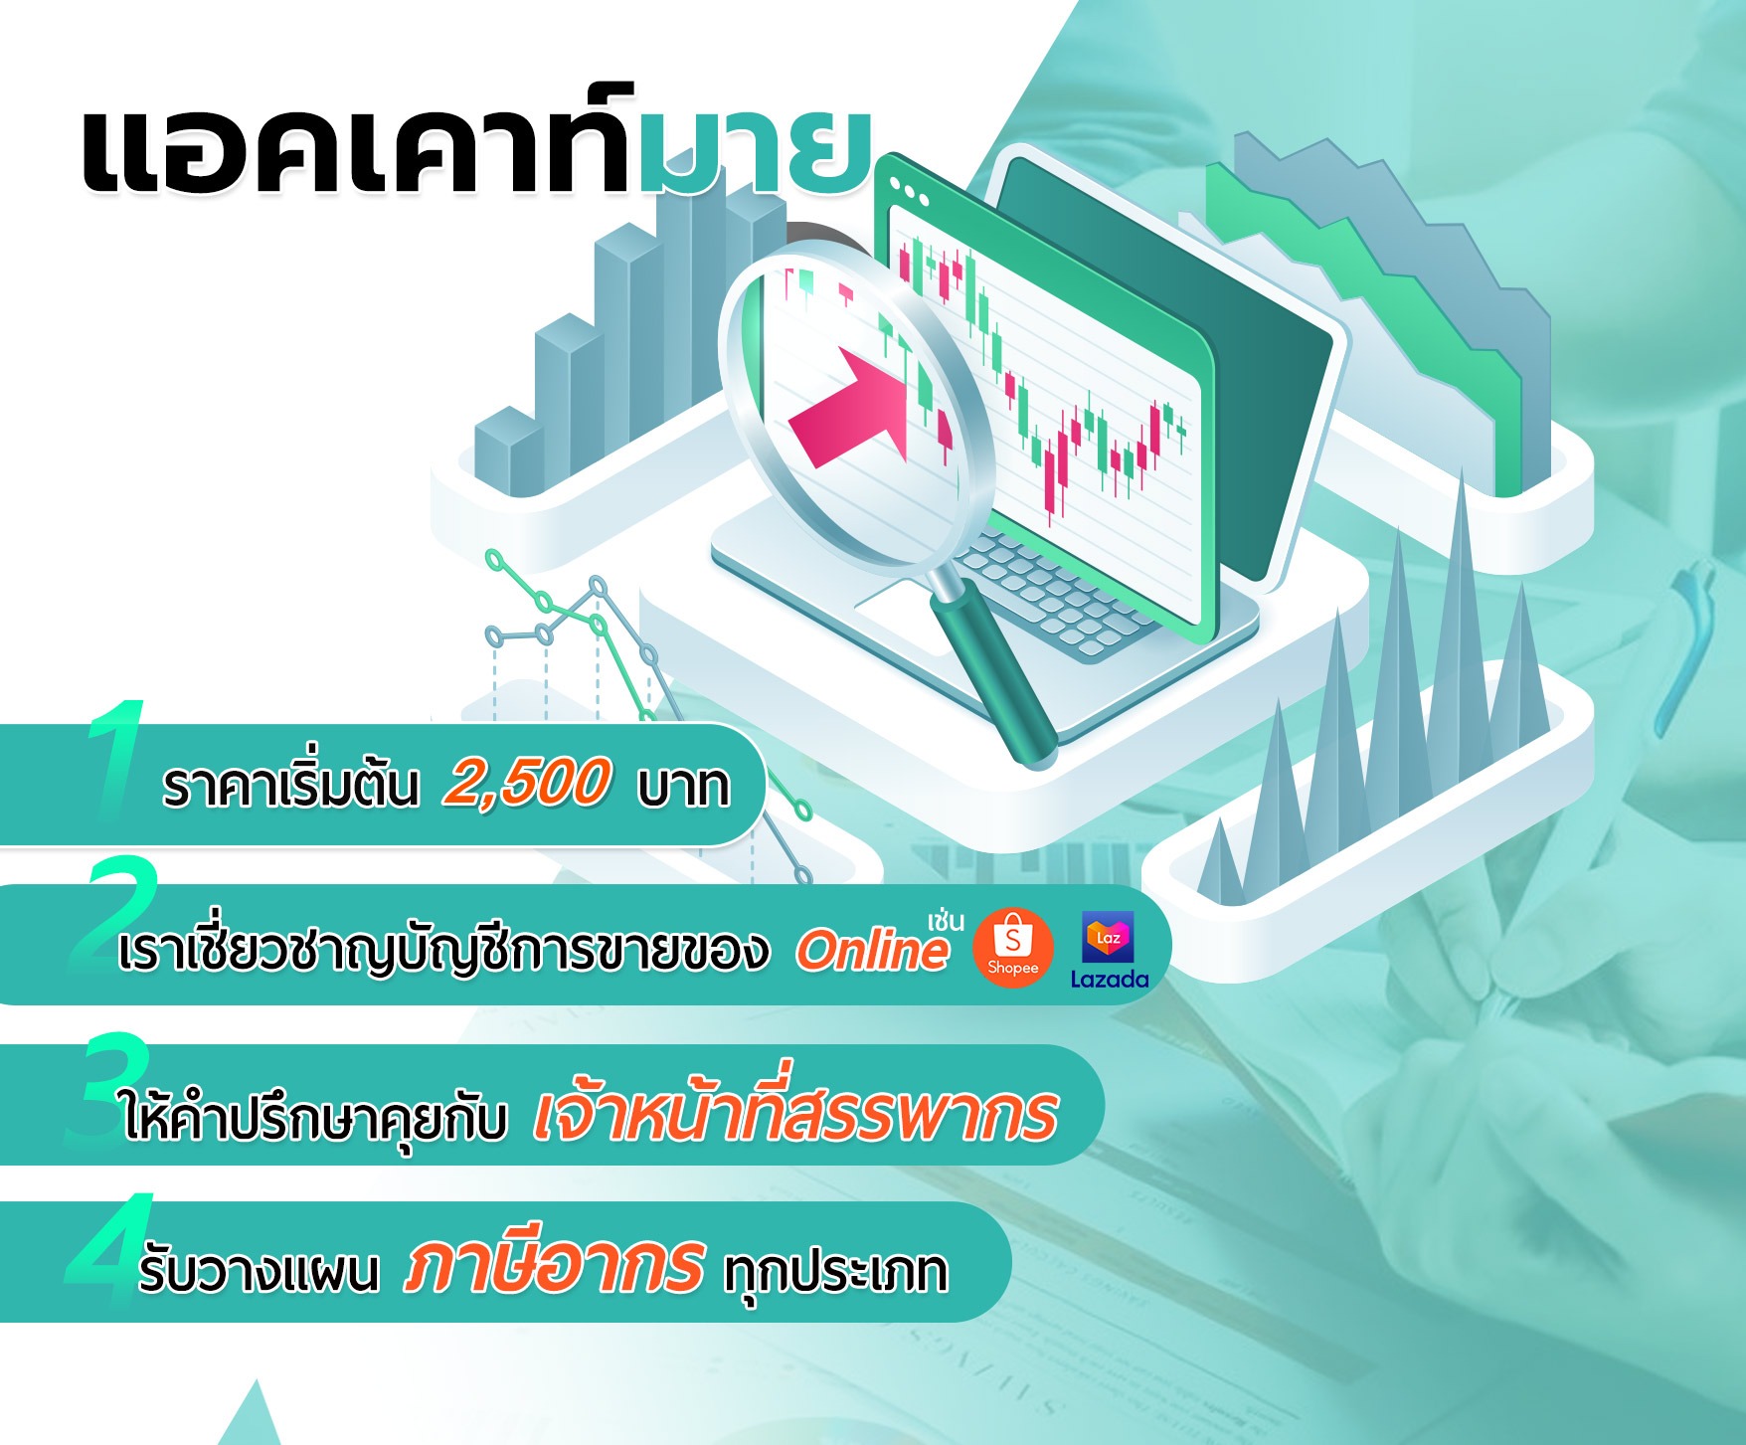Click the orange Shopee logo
point(1012,947)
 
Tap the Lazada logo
point(1109,951)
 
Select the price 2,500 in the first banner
point(526,783)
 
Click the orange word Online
point(872,950)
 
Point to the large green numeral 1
point(116,761)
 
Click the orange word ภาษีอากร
point(554,1266)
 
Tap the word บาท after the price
point(684,787)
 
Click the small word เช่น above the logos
point(946,920)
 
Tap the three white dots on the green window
point(910,191)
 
